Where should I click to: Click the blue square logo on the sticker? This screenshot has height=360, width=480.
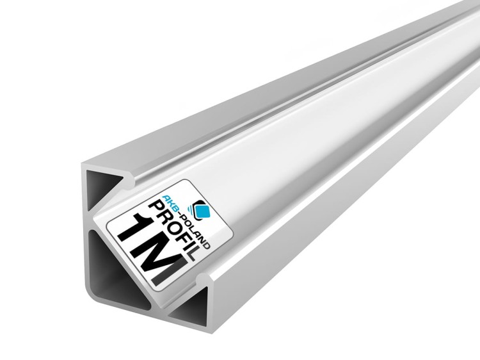pyautogui.click(x=203, y=210)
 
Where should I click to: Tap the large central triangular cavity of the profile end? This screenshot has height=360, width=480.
pyautogui.click(x=117, y=269)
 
